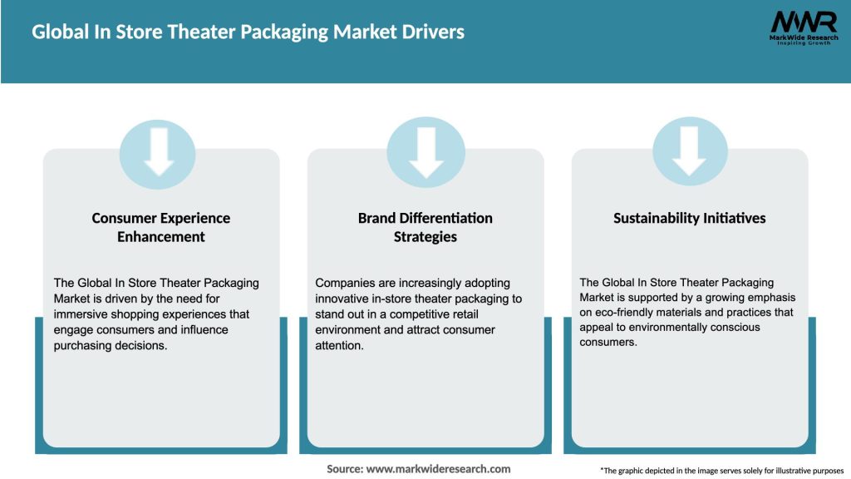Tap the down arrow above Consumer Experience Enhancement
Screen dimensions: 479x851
tap(159, 152)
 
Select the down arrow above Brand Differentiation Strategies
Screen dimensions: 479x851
tap(425, 152)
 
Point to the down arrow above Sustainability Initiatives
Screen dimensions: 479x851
tap(689, 152)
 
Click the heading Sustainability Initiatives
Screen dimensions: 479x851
tap(689, 218)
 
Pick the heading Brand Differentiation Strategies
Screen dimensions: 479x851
tap(425, 227)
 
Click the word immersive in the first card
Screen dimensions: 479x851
tap(80, 314)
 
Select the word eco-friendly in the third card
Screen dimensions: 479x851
tap(622, 313)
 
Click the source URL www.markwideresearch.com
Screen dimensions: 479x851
tap(439, 469)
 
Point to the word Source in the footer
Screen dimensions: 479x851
tap(344, 469)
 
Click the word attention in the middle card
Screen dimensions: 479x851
tap(339, 346)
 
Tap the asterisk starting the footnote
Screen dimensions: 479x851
tap(602, 470)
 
